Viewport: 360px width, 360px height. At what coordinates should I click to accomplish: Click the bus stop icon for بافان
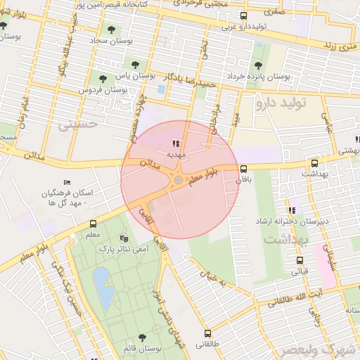tap(244, 169)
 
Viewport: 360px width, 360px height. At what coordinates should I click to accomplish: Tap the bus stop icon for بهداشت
tap(314, 163)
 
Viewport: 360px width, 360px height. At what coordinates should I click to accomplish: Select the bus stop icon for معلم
tap(94, 224)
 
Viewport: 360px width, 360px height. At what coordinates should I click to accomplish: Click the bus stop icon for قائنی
tap(300, 260)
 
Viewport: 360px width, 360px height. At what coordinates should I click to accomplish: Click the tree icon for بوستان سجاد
tap(110, 29)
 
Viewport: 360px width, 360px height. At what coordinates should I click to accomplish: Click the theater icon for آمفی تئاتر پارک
tap(124, 238)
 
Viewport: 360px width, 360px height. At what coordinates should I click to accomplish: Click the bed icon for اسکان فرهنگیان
tap(67, 182)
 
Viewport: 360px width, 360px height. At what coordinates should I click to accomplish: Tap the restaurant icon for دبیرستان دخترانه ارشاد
tap(291, 210)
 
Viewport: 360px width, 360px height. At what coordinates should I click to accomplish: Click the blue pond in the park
tap(103, 289)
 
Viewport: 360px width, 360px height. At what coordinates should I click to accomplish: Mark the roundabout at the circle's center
tap(179, 180)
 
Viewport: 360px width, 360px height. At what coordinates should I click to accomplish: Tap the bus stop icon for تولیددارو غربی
tap(243, 16)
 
